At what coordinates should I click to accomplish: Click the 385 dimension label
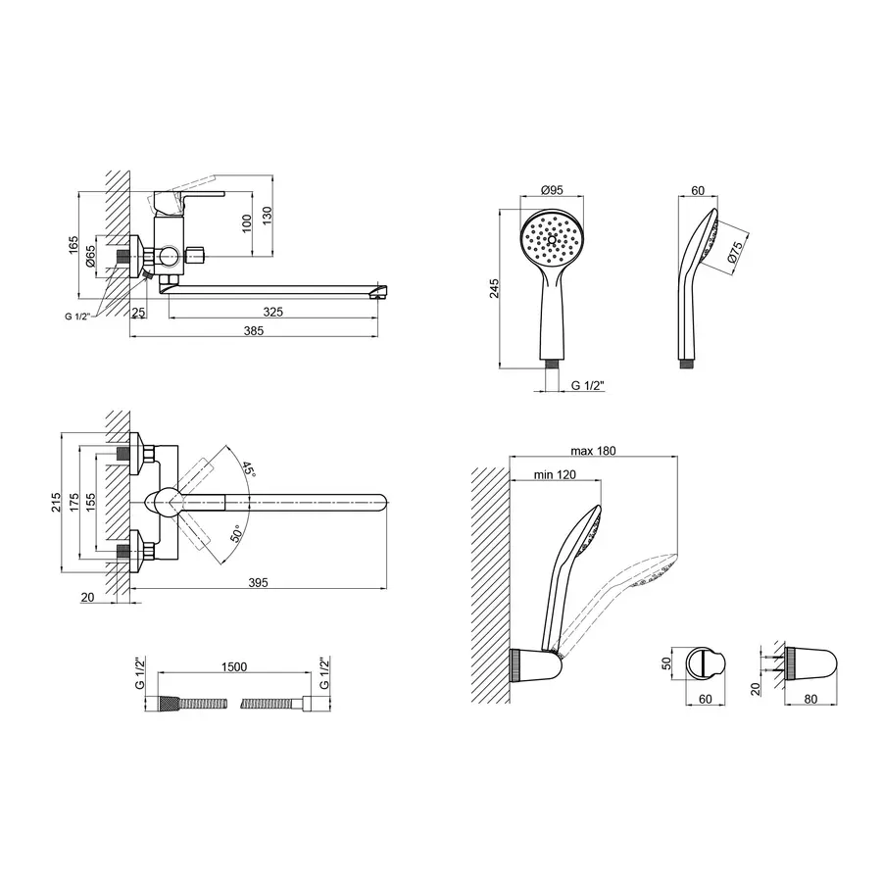253,331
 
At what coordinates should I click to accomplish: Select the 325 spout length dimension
272,312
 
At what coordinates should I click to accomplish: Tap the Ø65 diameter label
90,256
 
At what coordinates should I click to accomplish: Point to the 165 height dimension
73,245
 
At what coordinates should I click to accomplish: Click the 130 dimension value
267,215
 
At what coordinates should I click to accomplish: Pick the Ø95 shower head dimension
552,190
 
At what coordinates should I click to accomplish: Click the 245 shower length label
494,288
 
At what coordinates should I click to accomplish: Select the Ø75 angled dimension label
735,251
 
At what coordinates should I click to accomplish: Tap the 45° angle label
249,469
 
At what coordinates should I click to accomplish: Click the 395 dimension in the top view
258,583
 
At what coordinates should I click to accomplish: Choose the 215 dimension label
56,502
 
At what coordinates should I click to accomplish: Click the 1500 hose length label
234,666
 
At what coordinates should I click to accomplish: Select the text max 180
593,451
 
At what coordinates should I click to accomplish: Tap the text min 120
555,474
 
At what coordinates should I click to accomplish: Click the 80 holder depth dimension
810,699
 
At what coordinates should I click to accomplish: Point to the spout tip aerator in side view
379,292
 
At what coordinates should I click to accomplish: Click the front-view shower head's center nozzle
552,239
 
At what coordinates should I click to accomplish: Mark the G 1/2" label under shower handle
587,385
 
